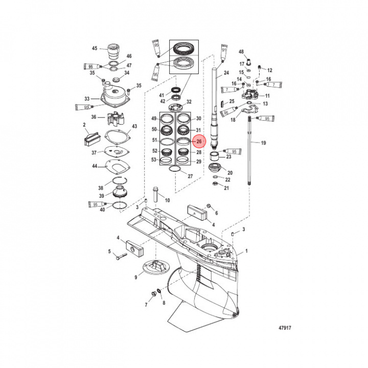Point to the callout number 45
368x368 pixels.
tap(94, 49)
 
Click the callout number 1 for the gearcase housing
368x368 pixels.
tap(247, 251)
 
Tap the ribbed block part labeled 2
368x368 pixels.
tap(90, 137)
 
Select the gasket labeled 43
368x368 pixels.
tap(117, 137)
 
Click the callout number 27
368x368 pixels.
tap(190, 176)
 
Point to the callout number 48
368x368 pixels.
tap(241, 52)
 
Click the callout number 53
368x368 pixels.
tap(154, 160)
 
